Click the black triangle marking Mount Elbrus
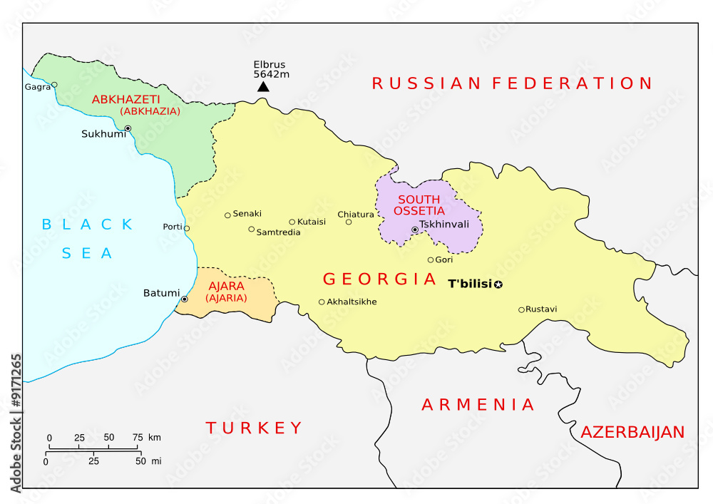(x=263, y=86)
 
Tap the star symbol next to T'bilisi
(x=498, y=285)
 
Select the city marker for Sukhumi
(x=128, y=129)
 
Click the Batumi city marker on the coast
(x=184, y=299)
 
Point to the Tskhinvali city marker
(x=415, y=230)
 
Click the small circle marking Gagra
(x=54, y=85)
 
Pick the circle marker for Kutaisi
(x=292, y=222)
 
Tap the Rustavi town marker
(x=521, y=309)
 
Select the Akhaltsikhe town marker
(x=322, y=302)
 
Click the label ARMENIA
(x=478, y=405)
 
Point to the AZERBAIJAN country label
(x=632, y=432)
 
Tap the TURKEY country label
(x=255, y=428)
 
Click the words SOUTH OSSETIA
(x=421, y=205)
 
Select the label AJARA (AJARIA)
(x=227, y=292)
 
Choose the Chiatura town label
(x=355, y=214)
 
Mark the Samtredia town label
(x=278, y=232)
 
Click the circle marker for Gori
(x=431, y=260)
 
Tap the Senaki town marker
(x=227, y=215)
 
